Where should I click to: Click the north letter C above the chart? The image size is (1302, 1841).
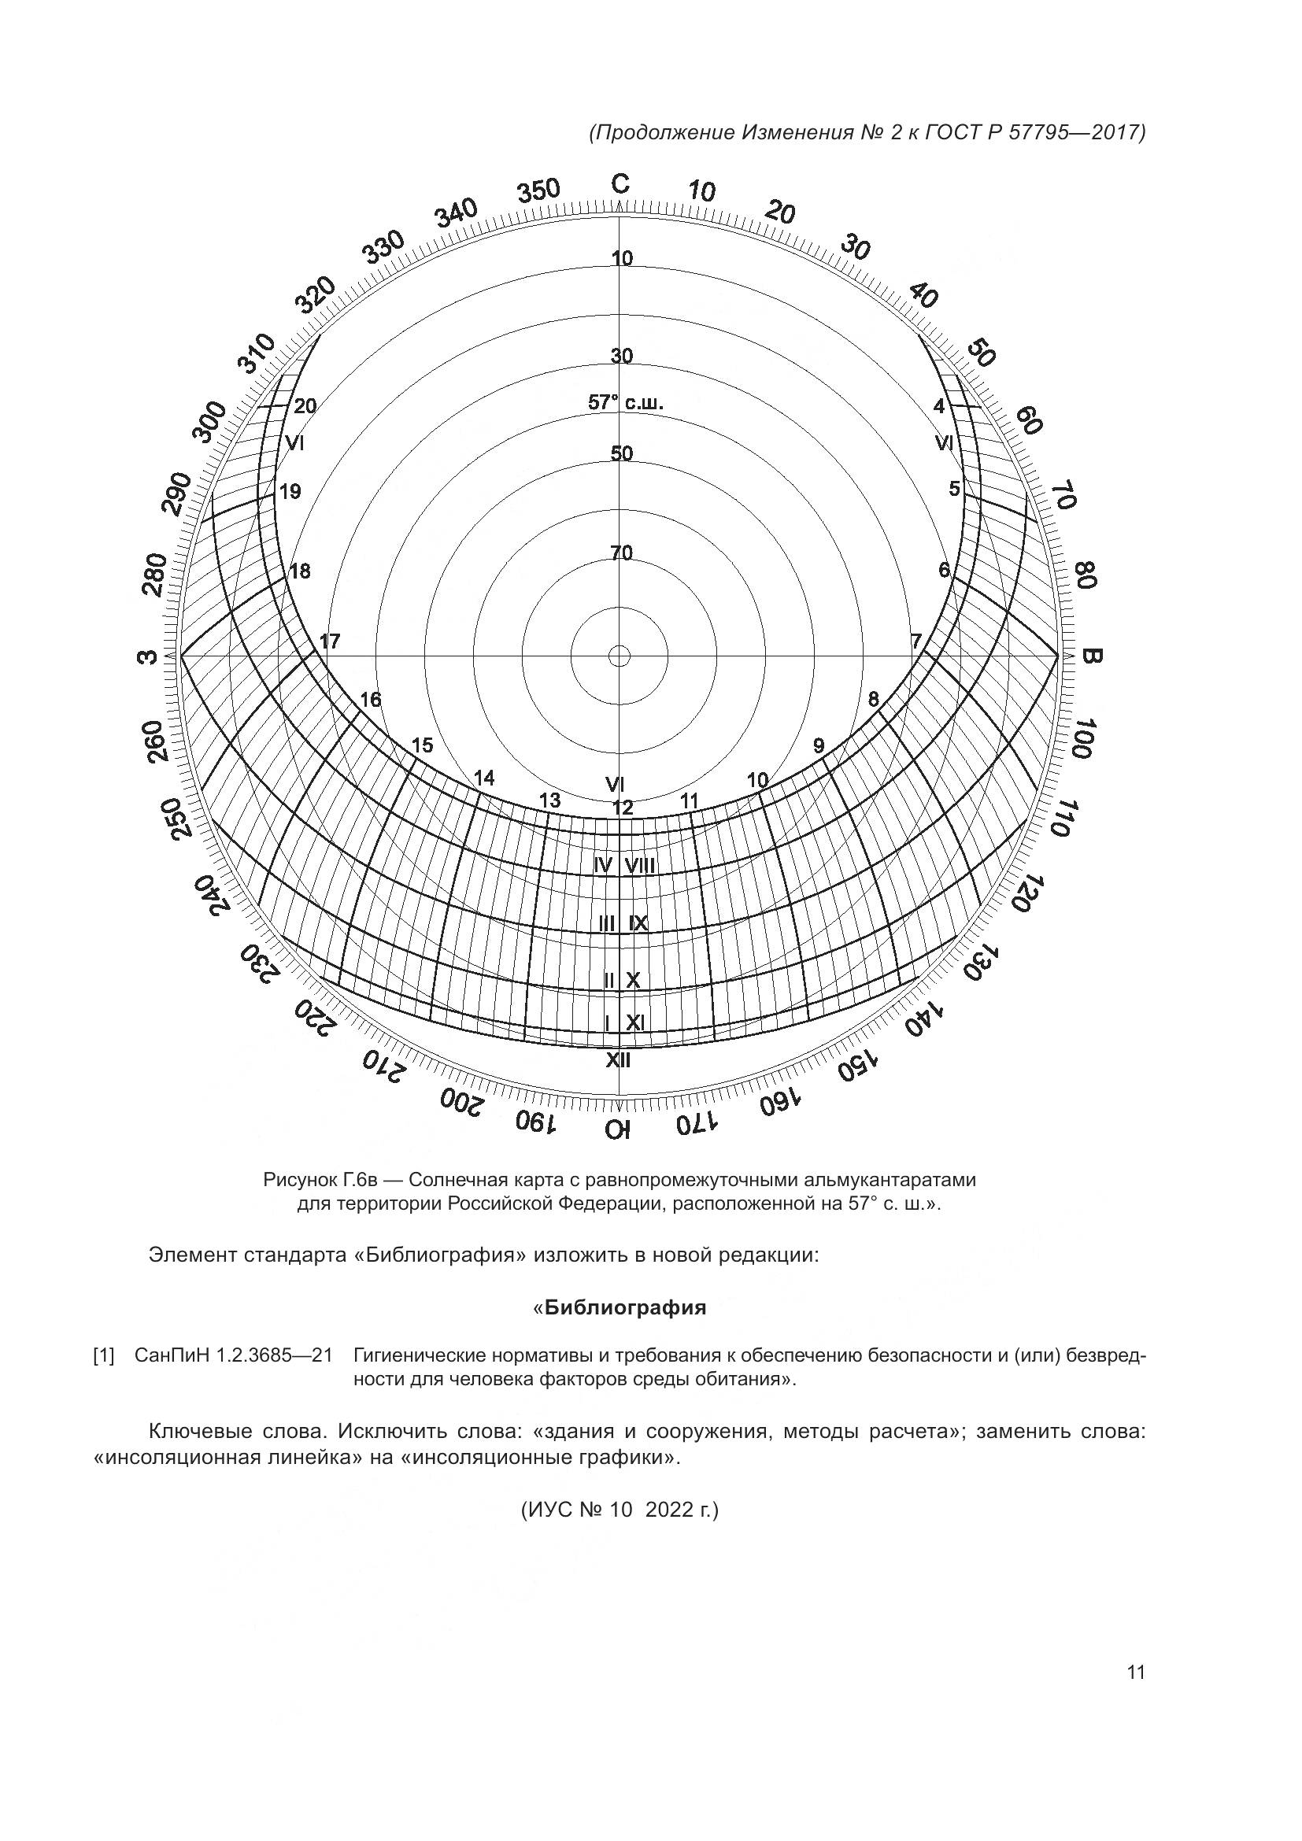click(x=620, y=183)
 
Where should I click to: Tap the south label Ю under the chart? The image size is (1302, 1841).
click(x=619, y=1129)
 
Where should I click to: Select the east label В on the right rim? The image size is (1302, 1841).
click(x=1092, y=656)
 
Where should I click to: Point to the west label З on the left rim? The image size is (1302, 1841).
click(x=147, y=657)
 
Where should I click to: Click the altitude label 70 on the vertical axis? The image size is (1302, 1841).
click(x=621, y=553)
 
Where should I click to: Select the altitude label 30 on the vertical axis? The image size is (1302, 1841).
click(x=621, y=355)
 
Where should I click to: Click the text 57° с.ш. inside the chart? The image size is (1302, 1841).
click(x=625, y=402)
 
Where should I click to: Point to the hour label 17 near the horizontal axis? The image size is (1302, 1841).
click(x=330, y=641)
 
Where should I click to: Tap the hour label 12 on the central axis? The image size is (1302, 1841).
click(x=622, y=808)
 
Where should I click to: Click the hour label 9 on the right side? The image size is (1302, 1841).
click(x=819, y=745)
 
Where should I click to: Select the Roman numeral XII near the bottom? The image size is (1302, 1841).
click(x=618, y=1060)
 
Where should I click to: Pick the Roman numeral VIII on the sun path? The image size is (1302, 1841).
click(x=641, y=866)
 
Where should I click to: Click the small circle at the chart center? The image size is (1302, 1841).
click(x=619, y=656)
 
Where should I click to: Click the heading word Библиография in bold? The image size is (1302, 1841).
click(x=625, y=1308)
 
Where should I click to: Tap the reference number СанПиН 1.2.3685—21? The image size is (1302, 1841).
click(x=233, y=1356)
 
